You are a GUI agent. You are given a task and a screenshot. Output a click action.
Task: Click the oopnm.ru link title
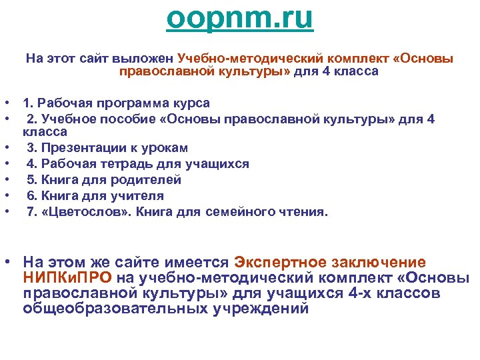point(239,18)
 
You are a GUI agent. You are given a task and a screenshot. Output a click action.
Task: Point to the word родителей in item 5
point(147,180)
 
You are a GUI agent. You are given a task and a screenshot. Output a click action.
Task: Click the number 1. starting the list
point(29,103)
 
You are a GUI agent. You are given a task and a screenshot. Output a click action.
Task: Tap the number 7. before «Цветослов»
point(31,212)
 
